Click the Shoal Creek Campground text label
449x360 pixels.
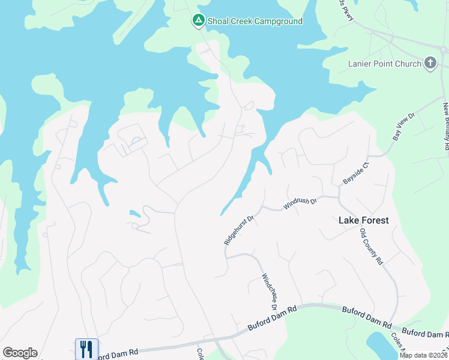point(255,21)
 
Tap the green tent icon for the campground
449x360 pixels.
point(197,21)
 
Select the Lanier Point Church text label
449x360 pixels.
point(384,64)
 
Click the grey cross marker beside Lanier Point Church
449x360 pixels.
point(430,63)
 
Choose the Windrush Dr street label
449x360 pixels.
point(300,203)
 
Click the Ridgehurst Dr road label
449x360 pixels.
point(240,227)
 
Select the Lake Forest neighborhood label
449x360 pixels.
point(363,220)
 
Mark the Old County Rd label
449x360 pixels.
point(371,246)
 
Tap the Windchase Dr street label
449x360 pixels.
point(268,292)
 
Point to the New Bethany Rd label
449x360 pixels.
point(446,126)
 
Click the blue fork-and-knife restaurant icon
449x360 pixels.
point(86,349)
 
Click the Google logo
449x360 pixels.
point(20,353)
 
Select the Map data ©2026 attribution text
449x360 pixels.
point(423,355)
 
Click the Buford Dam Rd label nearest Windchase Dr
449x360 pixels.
point(273,319)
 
